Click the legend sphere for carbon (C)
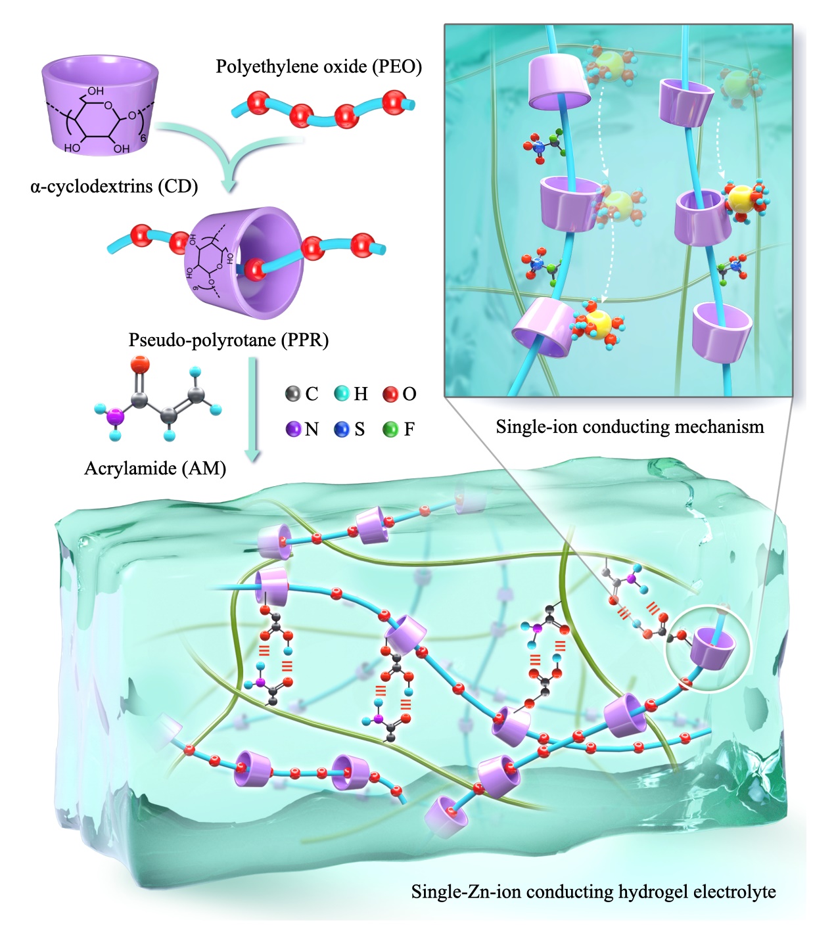tap(293, 394)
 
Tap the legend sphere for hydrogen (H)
tap(342, 394)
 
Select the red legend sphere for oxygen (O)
tap(390, 394)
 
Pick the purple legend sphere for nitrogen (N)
tap(293, 429)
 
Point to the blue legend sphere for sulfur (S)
tap(342, 429)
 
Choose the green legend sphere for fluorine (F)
tap(390, 429)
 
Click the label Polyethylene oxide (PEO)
tap(319, 66)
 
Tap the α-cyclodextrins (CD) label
tap(114, 187)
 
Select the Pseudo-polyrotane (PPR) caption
tap(229, 340)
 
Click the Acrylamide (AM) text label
tap(155, 468)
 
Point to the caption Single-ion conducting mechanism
tap(630, 427)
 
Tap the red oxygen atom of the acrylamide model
tap(140, 364)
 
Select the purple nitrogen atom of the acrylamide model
tap(115, 417)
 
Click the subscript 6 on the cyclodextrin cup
tap(143, 138)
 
